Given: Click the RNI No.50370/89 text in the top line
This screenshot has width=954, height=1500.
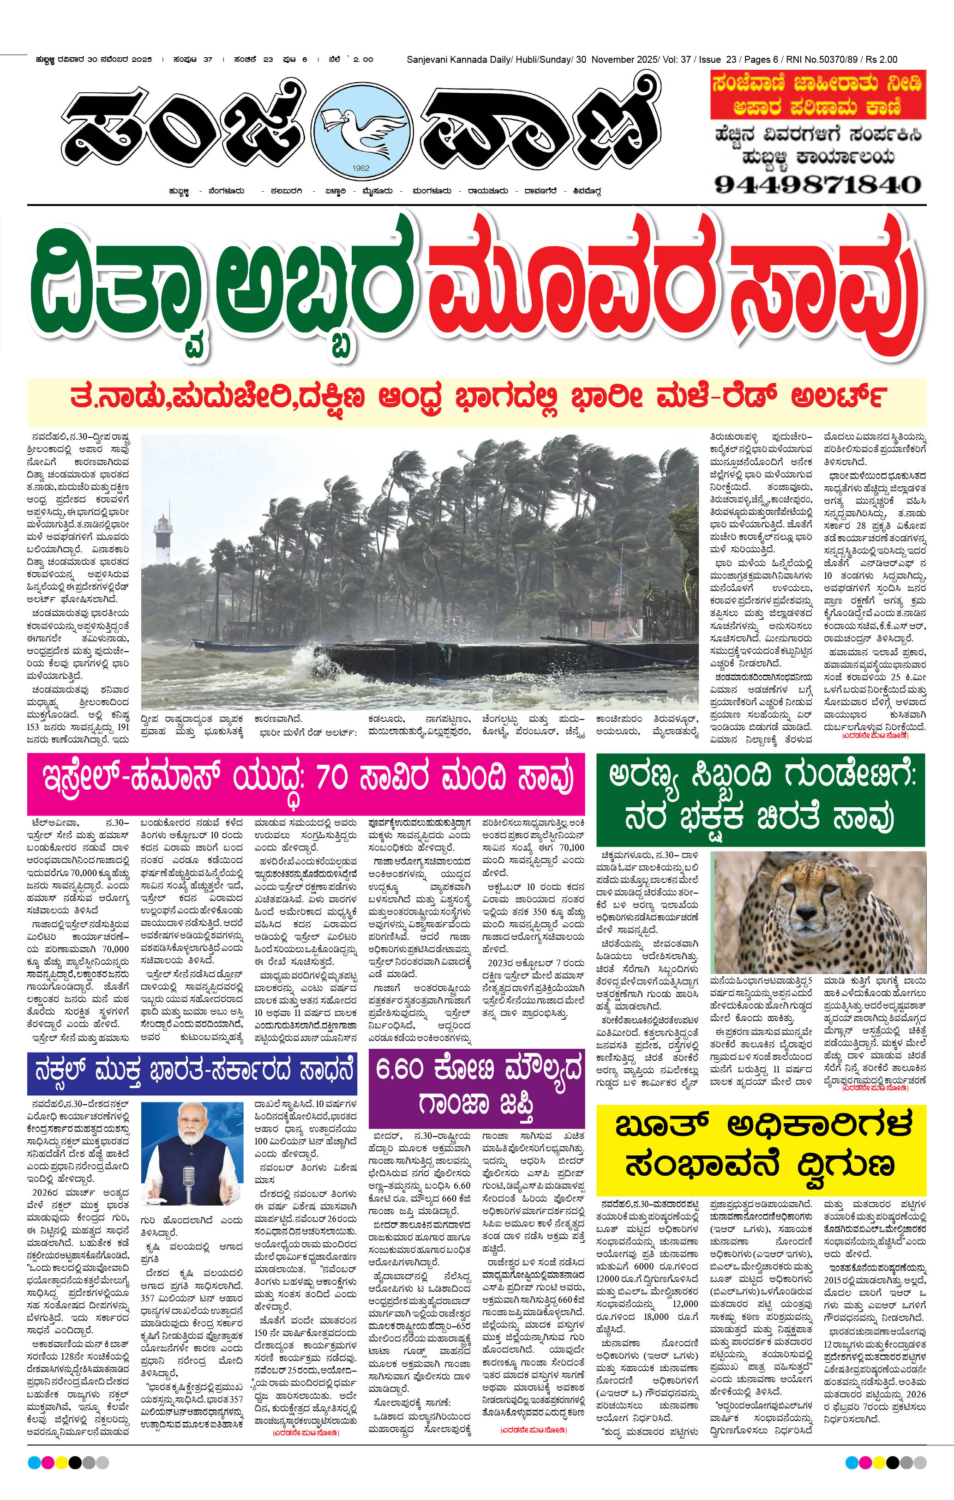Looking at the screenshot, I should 822,60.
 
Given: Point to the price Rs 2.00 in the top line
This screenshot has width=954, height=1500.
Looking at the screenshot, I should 881,60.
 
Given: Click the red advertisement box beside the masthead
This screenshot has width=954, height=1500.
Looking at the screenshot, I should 818,95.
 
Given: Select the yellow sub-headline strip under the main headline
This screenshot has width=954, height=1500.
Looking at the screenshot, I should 476,397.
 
